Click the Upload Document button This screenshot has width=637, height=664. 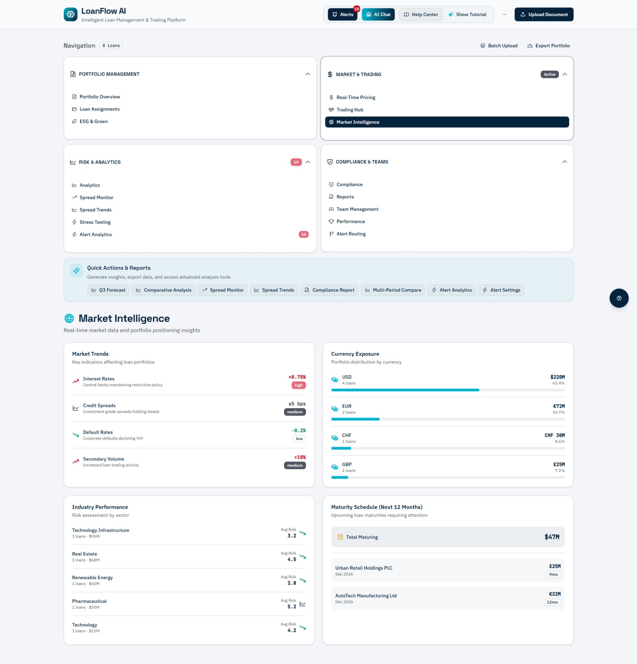(x=544, y=15)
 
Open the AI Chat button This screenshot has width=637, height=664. (x=378, y=15)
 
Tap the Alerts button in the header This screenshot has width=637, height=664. (x=342, y=15)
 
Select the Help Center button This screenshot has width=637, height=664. (x=421, y=15)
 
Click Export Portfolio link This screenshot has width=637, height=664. (x=548, y=46)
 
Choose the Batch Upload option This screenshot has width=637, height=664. (x=499, y=46)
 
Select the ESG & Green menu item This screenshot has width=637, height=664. (x=93, y=121)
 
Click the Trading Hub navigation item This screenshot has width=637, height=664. (x=350, y=110)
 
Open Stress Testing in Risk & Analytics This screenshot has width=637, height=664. (x=95, y=222)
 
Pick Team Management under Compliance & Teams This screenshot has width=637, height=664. (x=357, y=209)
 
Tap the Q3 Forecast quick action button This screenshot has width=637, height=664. (x=108, y=290)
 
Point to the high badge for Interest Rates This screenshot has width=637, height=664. (x=299, y=385)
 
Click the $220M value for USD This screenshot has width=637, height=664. (x=558, y=377)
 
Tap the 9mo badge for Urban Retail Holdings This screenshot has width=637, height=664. (x=553, y=574)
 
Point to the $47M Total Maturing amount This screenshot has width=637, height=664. (x=552, y=537)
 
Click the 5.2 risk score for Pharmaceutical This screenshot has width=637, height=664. (x=292, y=607)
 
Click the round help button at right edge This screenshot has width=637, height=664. (x=619, y=298)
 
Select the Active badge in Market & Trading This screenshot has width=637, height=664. (x=549, y=74)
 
